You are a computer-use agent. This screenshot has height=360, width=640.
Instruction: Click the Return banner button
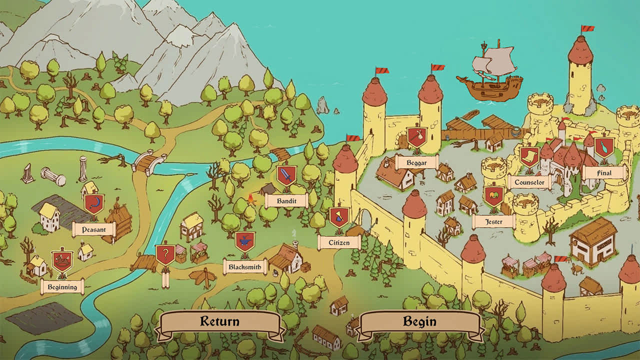coord(220,321)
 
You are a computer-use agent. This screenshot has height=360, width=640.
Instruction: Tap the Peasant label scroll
coord(94,229)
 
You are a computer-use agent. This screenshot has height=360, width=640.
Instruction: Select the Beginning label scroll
coord(62,287)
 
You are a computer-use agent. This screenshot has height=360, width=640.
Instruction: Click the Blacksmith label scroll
coord(245,267)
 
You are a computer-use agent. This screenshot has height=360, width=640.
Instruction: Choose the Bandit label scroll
coord(286,201)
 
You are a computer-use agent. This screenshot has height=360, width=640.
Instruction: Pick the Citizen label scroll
coord(339,243)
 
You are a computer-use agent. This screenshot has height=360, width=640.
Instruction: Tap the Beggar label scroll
coord(416,162)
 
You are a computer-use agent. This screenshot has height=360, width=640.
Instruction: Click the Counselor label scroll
coord(529,182)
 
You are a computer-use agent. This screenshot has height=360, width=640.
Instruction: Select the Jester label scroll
coord(493,221)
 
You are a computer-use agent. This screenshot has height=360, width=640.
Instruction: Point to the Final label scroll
coord(604,173)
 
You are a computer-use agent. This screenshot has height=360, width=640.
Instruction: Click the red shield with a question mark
coord(165,254)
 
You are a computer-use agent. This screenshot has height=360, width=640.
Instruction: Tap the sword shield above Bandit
coord(286,175)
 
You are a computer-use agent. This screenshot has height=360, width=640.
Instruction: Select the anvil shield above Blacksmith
coord(245,241)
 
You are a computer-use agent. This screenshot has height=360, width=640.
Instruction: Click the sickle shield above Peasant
coord(93,203)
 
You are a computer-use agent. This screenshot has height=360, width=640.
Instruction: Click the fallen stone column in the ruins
coord(53,176)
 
